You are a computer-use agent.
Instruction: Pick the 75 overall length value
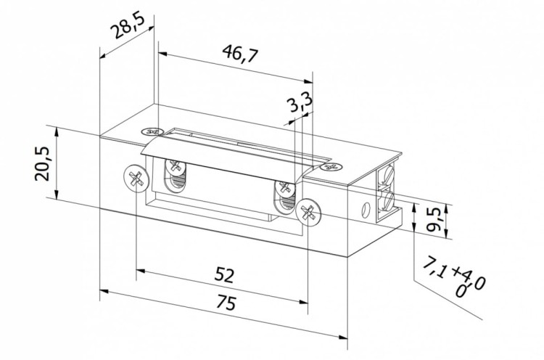[226, 303]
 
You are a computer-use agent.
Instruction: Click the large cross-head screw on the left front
[133, 177]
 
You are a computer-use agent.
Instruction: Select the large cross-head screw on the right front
[308, 213]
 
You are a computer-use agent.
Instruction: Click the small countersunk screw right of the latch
[332, 166]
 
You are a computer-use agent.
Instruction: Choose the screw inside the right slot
[284, 191]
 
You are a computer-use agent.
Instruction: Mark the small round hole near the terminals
[365, 212]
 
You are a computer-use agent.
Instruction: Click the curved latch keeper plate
[225, 155]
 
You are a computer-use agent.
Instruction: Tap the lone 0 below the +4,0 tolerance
[459, 291]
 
